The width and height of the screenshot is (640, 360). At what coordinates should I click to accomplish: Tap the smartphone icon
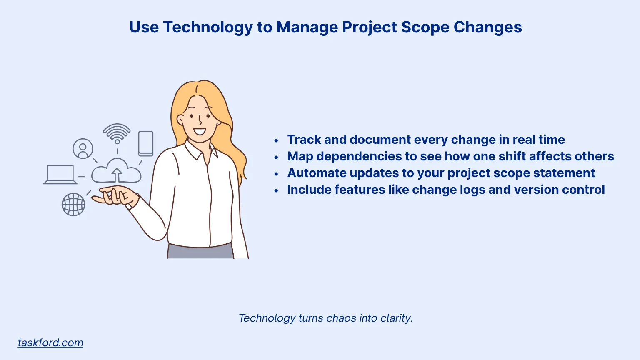pos(146,143)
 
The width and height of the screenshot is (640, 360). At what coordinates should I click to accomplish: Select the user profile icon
pos(83,149)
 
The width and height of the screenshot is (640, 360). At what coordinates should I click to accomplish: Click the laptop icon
pos(60,175)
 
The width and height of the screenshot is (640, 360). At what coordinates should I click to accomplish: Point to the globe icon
pos(73,204)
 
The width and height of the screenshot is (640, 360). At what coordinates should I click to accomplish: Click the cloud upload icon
pos(116,171)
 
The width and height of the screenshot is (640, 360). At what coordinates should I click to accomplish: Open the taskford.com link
pos(50,342)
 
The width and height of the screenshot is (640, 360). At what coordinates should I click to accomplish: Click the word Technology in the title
pos(207,27)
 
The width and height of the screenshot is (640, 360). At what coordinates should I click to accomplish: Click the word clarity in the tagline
pos(396,318)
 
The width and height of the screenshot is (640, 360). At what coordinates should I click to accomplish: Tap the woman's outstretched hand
pos(113,196)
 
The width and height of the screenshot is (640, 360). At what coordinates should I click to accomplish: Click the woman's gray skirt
pos(200,252)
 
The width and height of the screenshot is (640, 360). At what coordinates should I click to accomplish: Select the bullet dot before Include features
pos(276,190)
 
